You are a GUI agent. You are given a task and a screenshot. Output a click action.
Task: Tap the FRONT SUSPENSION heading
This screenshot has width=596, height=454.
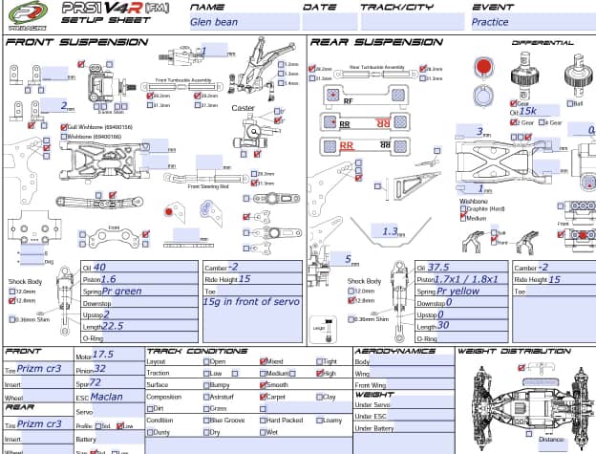pos(65,42)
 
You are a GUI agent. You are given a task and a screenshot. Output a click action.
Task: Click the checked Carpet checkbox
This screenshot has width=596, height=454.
pos(264,397)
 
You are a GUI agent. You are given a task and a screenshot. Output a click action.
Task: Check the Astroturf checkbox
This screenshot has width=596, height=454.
pos(206,397)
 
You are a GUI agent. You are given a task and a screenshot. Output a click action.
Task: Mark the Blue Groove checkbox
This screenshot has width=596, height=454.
pos(206,421)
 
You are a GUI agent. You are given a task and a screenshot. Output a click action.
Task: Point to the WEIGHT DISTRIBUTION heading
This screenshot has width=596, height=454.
pos(511,351)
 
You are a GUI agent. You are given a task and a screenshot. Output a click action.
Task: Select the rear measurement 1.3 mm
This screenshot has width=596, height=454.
pos(390,232)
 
